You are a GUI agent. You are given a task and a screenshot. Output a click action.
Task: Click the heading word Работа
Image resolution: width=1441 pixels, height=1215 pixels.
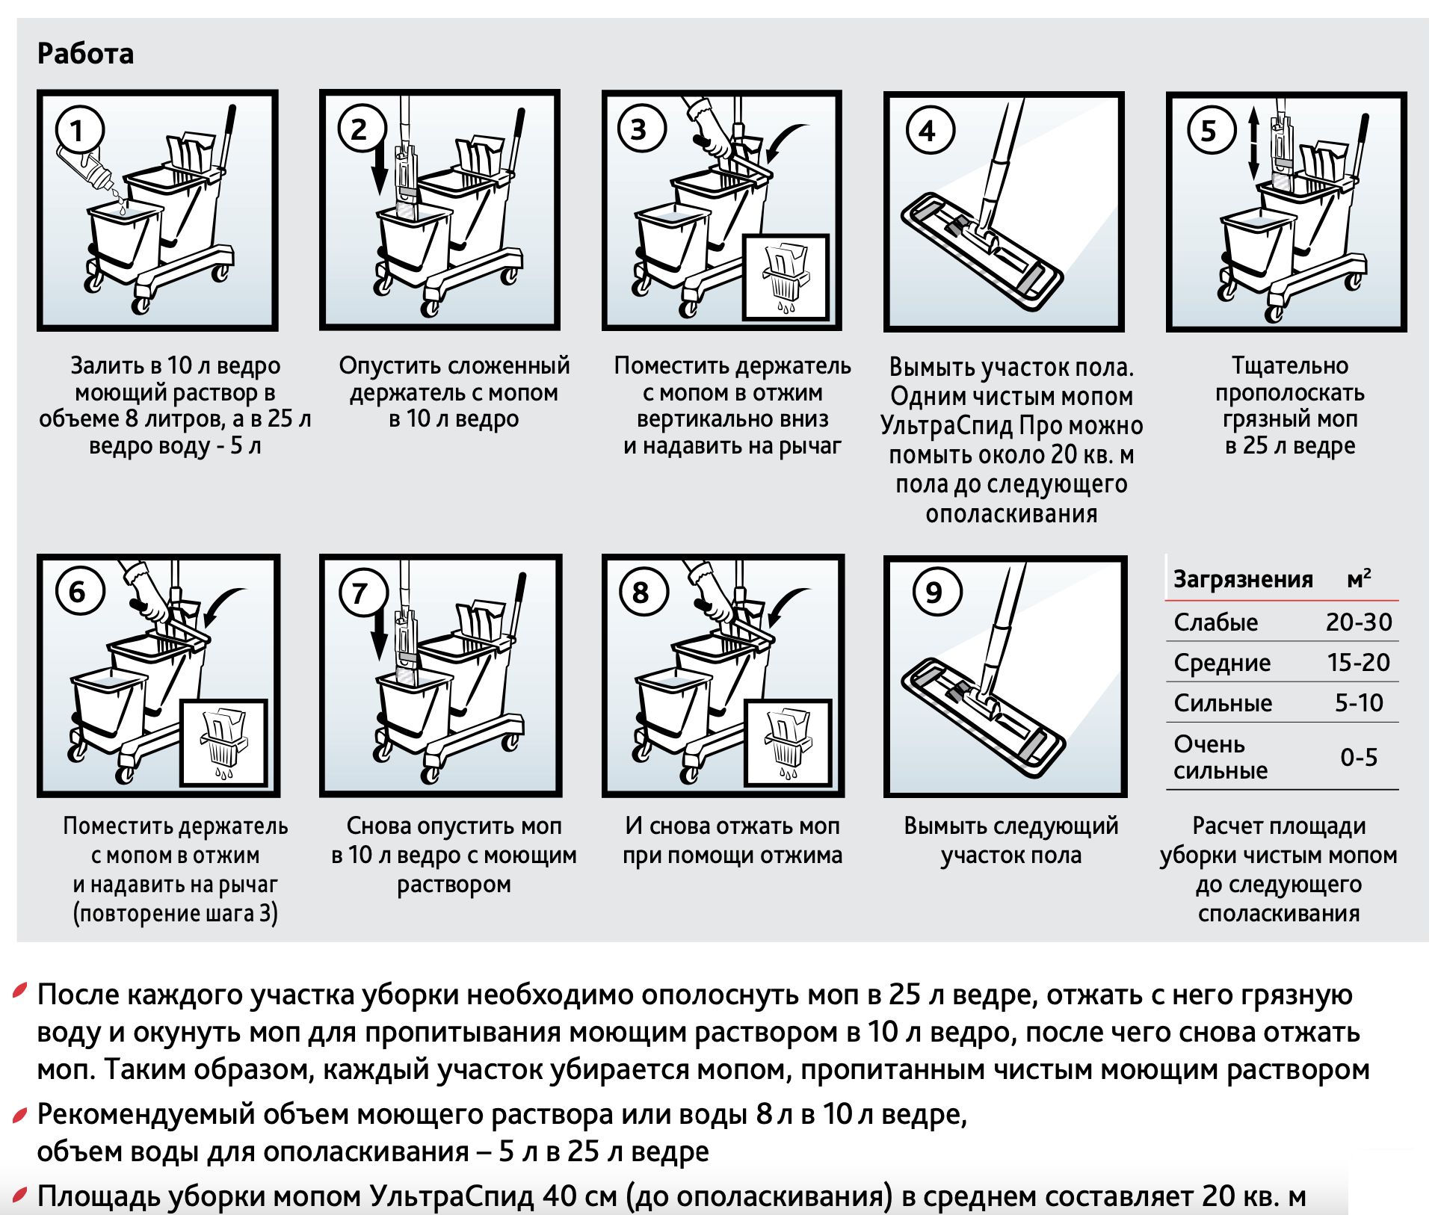pos(85,54)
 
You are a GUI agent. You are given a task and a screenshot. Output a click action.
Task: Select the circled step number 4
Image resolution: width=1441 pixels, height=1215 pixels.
pos(928,132)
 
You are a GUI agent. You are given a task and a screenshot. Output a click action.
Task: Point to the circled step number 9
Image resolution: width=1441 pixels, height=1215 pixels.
pos(934,593)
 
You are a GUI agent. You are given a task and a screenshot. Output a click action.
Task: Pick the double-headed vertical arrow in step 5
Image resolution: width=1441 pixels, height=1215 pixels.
pos(1254,142)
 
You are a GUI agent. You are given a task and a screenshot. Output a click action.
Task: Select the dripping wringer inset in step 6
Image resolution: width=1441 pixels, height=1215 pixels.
pos(224,743)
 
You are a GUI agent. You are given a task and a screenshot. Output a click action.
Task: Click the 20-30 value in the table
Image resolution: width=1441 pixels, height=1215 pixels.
pos(1358,622)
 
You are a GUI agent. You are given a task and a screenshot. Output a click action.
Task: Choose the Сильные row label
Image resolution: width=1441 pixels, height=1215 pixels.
pos(1223,703)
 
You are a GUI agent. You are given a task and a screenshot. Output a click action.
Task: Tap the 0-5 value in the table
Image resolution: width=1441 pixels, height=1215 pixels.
pos(1358,758)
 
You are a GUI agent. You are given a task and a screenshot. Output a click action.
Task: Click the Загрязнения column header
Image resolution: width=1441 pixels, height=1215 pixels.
pos(1242,579)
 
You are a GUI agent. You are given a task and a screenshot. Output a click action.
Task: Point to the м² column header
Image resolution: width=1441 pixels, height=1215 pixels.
pos(1359,578)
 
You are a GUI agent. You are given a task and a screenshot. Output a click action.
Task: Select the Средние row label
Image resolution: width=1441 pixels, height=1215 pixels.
pos(1222,663)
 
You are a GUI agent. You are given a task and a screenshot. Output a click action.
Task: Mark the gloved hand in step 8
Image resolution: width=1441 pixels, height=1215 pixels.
pos(709,594)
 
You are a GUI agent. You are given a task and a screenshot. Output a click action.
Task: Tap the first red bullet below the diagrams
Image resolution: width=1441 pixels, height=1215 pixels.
pos(21,992)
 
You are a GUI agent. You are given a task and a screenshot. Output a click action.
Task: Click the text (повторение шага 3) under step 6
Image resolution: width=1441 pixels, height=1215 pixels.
pos(175,913)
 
